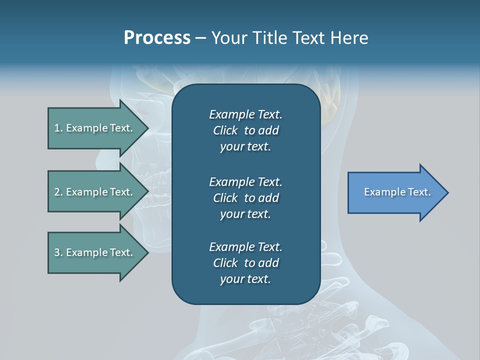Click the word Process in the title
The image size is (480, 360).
157,38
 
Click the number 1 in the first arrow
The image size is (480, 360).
57,128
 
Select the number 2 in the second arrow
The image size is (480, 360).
57,192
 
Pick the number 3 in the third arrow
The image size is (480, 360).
57,252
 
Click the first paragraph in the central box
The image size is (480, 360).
245,130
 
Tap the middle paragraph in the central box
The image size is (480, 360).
245,198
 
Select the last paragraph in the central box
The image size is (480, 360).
245,263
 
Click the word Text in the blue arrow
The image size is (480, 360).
419,192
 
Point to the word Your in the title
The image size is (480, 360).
229,38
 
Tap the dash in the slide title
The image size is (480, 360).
200,38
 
